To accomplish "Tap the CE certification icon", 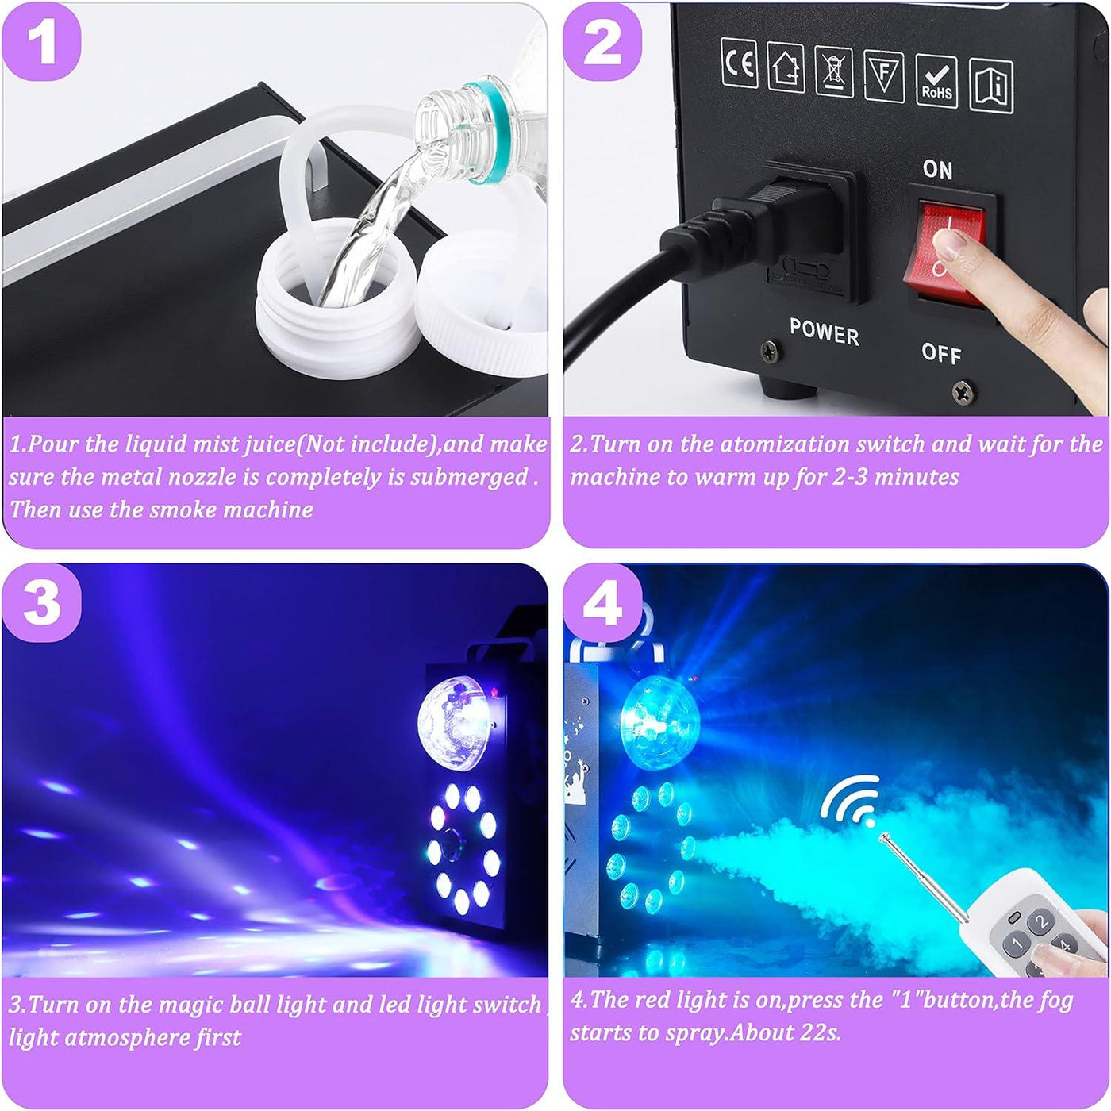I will (739, 63).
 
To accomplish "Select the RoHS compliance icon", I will (936, 82).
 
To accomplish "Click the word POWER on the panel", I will (824, 333).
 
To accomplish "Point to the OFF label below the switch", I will (941, 353).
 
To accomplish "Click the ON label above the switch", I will (937, 169).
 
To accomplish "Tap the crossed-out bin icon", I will (833, 71).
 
